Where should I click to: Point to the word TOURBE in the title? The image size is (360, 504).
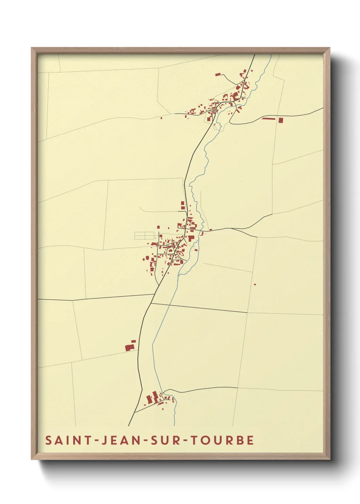[222, 440]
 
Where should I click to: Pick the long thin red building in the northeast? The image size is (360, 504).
[268, 119]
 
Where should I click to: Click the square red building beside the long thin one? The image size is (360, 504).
[281, 120]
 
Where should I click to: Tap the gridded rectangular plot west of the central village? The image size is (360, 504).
[145, 235]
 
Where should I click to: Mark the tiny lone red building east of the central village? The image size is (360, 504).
[255, 284]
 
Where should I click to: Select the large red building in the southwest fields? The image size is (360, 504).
[129, 348]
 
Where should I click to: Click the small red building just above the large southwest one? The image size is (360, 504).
[133, 341]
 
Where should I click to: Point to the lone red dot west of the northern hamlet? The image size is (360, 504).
[161, 118]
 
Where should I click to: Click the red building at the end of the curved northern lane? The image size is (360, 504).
[218, 74]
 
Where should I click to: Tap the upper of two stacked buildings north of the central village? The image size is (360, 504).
[182, 203]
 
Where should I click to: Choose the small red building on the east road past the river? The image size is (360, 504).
[210, 230]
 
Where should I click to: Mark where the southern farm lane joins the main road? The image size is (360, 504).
[135, 412]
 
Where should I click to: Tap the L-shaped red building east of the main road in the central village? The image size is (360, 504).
[191, 238]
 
